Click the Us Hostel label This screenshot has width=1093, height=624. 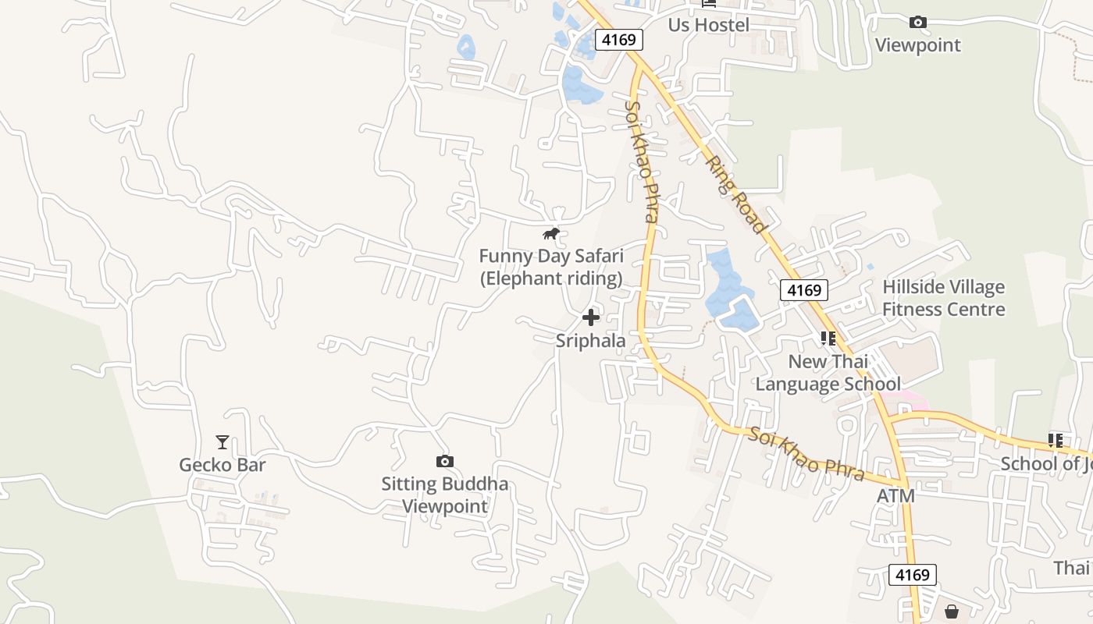708,25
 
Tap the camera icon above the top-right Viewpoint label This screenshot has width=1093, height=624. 918,23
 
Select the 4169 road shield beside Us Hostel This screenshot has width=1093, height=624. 619,40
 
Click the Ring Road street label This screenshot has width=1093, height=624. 735,194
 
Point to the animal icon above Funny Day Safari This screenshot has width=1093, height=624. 551,233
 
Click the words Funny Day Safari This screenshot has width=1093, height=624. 551,256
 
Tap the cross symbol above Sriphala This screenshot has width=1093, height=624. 591,317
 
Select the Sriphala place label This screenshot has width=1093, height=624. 591,340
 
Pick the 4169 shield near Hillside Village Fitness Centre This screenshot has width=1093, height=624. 804,291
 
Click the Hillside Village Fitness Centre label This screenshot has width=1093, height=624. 943,298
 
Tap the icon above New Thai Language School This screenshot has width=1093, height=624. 828,339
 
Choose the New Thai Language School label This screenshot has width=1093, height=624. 828,373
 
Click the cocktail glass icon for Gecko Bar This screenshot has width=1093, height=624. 223,442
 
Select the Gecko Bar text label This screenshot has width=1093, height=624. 223,466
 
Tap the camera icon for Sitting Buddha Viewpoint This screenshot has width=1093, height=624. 444,462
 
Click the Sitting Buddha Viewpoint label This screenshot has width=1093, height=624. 444,495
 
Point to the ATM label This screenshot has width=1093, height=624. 895,496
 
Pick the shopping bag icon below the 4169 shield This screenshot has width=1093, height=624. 952,612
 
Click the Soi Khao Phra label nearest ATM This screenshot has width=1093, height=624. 807,454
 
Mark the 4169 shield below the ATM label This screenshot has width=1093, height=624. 912,576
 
